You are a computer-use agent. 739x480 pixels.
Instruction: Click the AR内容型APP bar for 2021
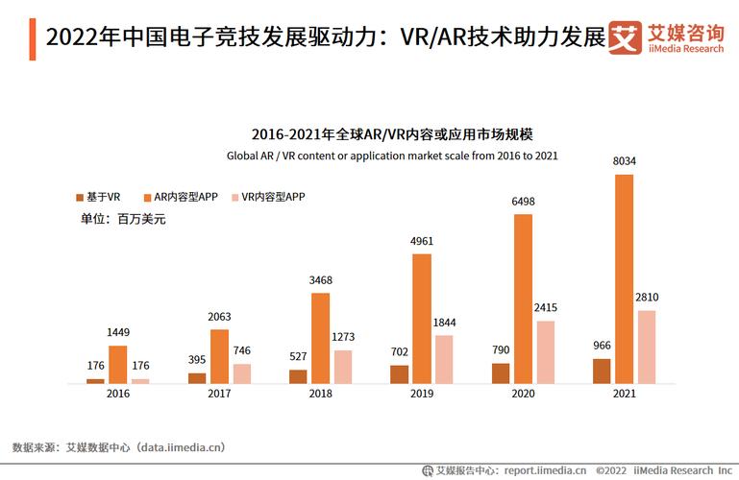(x=624, y=279)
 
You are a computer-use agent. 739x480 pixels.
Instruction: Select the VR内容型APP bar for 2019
(x=443, y=360)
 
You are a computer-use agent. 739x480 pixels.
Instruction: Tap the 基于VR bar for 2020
(x=501, y=373)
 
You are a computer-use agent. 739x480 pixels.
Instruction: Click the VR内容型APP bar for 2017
(x=240, y=373)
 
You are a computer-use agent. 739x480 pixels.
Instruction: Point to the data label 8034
(x=624, y=162)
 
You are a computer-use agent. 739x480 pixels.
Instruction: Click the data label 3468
(x=320, y=280)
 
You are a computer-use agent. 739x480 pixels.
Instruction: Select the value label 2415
(x=545, y=308)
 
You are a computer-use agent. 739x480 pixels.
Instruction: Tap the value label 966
(x=602, y=346)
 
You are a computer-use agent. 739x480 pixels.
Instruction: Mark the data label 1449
(x=118, y=333)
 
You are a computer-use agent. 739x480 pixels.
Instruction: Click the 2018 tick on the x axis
(x=320, y=394)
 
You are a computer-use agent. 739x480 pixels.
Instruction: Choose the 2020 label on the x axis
(x=522, y=394)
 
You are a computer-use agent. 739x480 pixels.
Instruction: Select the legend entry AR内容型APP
(x=179, y=197)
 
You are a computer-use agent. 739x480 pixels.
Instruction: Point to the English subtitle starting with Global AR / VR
(x=392, y=155)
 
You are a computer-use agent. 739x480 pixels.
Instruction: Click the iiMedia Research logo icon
(x=626, y=37)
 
